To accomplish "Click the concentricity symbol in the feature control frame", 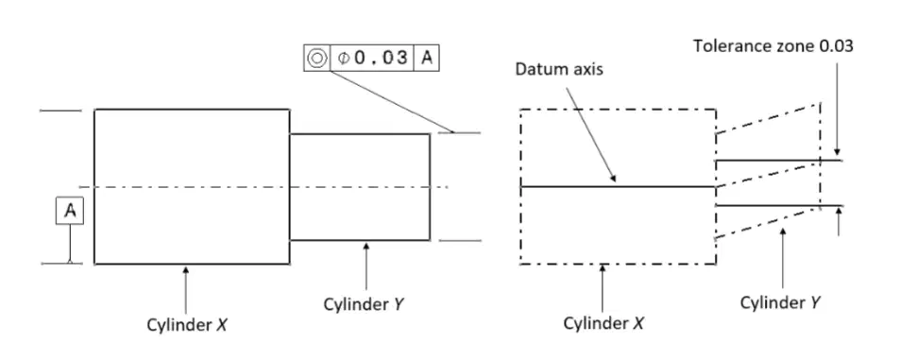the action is [x=316, y=58].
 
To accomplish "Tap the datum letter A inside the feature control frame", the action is [x=427, y=58].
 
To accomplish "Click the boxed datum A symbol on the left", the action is [x=70, y=211].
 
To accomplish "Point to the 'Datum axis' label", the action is [x=558, y=70].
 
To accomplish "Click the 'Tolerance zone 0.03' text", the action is [x=773, y=46].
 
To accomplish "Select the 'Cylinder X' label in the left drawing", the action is [x=187, y=325].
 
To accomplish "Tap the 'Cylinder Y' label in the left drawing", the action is [x=364, y=303].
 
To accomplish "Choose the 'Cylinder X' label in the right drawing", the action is [x=603, y=323].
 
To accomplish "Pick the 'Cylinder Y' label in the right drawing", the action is [x=779, y=302].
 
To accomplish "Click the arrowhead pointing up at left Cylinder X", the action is [x=185, y=269].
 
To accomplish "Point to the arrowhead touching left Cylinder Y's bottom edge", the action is [x=366, y=246].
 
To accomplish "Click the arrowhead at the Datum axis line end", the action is [x=613, y=178].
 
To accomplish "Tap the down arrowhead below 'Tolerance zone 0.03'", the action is [x=837, y=150].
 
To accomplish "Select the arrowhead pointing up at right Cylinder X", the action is [x=603, y=268].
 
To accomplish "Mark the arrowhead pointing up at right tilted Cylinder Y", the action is [x=783, y=231].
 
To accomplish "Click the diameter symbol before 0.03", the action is [x=343, y=59].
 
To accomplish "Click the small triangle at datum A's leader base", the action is [x=70, y=261].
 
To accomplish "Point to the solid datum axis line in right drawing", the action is [x=619, y=186].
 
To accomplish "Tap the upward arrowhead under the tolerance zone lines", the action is [x=840, y=212].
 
